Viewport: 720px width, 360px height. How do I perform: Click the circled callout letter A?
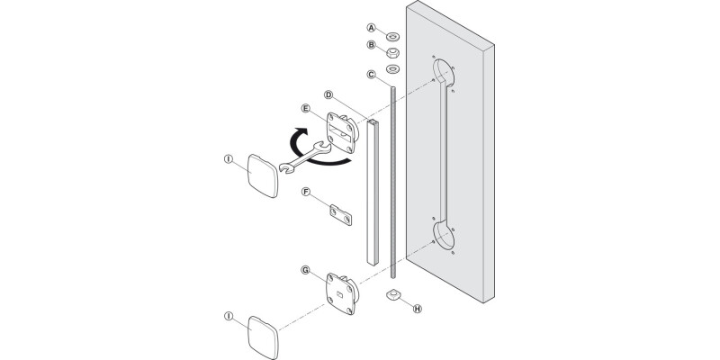coord(371,28)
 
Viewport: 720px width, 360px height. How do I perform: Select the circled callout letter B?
coord(371,46)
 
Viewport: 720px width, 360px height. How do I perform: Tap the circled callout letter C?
coord(371,75)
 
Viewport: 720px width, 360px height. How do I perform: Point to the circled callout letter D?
coord(329,94)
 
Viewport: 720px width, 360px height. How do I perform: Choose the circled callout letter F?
coord(307,192)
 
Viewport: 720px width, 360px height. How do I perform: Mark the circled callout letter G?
coord(307,269)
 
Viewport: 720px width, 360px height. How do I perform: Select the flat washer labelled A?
coord(393,34)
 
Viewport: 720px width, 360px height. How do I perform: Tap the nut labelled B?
coord(393,51)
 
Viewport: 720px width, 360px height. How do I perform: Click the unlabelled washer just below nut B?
coord(393,69)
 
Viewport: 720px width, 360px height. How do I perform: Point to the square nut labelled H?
coord(392,296)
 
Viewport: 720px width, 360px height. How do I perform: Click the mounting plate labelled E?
coord(344,131)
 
